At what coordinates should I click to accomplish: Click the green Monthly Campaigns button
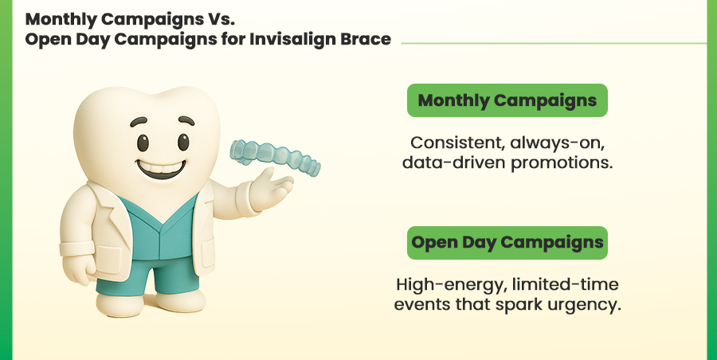507,100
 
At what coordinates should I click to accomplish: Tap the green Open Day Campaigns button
507,243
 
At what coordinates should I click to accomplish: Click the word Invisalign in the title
292,39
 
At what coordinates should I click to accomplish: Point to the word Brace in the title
366,39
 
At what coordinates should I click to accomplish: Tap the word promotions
561,163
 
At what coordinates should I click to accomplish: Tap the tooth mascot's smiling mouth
161,170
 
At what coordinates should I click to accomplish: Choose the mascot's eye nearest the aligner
183,142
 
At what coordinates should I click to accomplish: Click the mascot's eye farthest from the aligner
143,143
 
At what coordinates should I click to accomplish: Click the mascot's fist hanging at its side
78,269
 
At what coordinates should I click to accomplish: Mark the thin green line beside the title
554,44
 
